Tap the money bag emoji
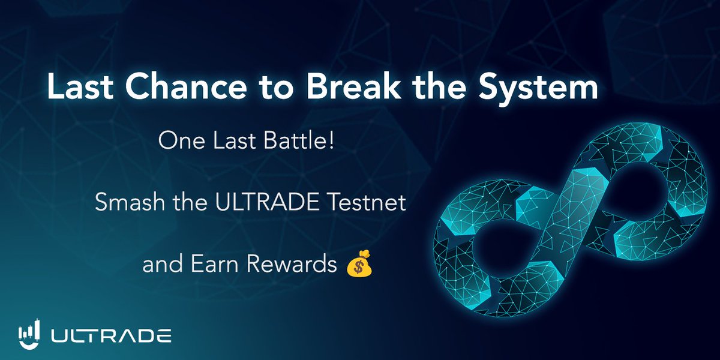tap(359, 265)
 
